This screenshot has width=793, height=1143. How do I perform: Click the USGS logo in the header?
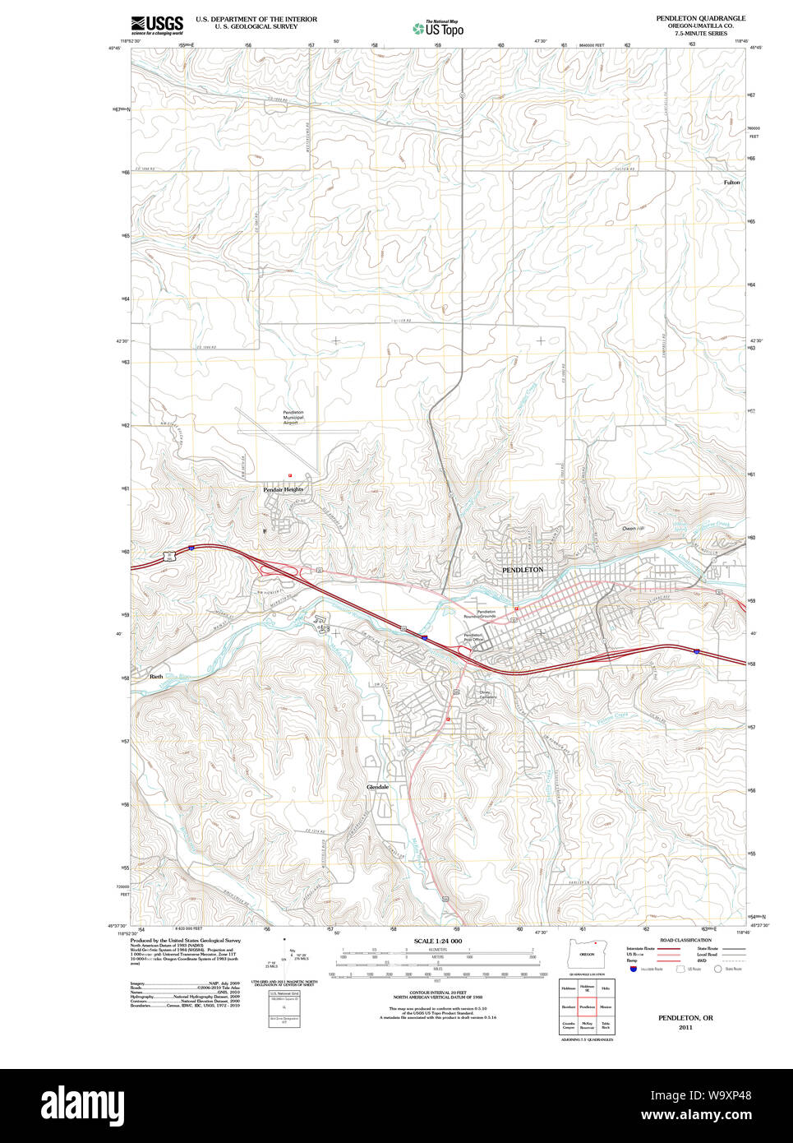pyautogui.click(x=157, y=25)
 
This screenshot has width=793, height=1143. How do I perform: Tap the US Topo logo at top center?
pyautogui.click(x=439, y=29)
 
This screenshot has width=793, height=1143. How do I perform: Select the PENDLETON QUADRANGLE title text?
pyautogui.click(x=700, y=18)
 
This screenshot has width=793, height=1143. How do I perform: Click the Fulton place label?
pyautogui.click(x=731, y=183)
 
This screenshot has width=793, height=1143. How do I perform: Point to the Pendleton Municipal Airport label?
pyautogui.click(x=293, y=418)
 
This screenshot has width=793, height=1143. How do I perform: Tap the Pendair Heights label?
pyautogui.click(x=283, y=489)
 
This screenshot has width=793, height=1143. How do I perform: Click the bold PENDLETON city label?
pyautogui.click(x=523, y=570)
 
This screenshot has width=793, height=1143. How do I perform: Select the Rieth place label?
pyautogui.click(x=155, y=677)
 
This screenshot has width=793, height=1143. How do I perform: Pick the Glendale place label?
pyautogui.click(x=377, y=787)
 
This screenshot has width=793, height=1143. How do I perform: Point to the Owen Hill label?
pyautogui.click(x=633, y=528)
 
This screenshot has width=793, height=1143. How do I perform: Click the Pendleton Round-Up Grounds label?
pyautogui.click(x=486, y=614)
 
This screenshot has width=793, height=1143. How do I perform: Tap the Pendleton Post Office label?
pyautogui.click(x=473, y=637)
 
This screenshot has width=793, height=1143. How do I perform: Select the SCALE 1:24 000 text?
pyautogui.click(x=437, y=941)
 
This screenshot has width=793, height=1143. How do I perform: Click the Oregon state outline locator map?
pyautogui.click(x=587, y=954)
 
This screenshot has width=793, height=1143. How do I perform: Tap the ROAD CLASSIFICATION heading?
pyautogui.click(x=685, y=940)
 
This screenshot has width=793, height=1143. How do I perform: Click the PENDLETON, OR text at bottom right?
pyautogui.click(x=685, y=1018)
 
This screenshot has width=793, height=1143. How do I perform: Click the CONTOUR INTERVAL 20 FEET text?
pyautogui.click(x=437, y=993)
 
